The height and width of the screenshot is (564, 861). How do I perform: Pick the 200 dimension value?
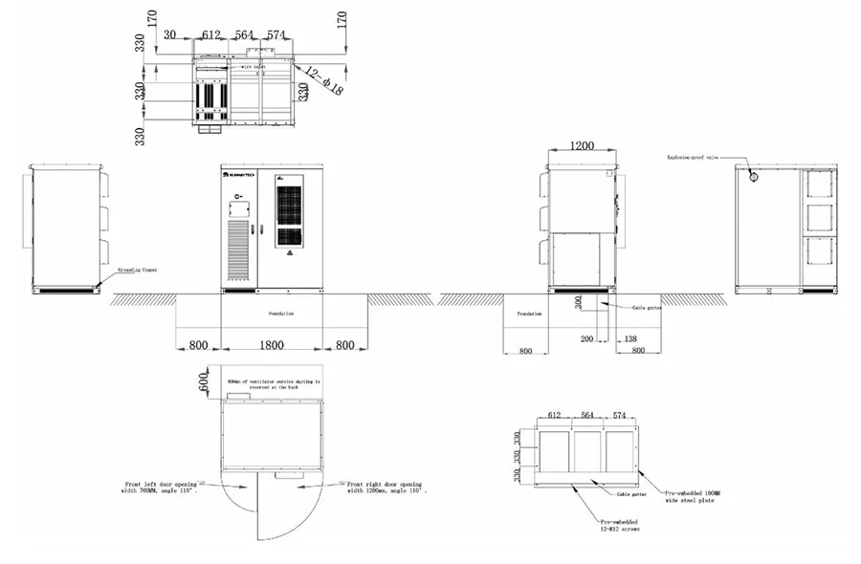point(585,338)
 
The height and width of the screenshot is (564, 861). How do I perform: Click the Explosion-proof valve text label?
point(692,156)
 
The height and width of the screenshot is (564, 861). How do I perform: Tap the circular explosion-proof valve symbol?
point(754,176)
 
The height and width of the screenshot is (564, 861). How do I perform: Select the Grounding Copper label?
point(137,271)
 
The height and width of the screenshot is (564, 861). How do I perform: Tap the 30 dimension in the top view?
point(170,35)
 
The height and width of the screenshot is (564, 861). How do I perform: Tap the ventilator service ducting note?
point(272,384)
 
